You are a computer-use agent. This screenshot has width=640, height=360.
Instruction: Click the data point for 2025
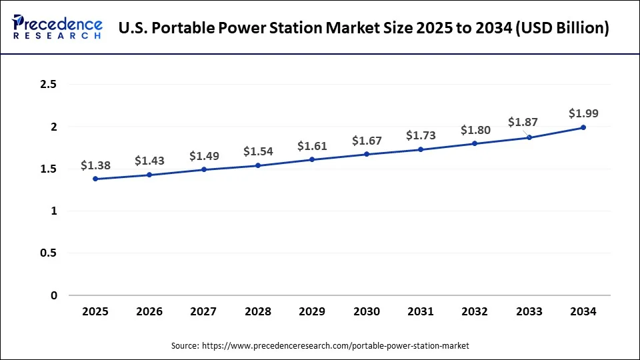(95, 179)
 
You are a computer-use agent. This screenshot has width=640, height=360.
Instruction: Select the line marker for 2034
(583, 127)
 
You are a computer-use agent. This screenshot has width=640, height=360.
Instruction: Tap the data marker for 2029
(312, 159)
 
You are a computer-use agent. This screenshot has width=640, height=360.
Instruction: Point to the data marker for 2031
(421, 149)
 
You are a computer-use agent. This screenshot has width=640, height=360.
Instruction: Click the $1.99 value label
(583, 113)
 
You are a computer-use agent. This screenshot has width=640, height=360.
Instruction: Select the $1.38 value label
(95, 165)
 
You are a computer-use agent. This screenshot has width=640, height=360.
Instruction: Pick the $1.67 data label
(366, 140)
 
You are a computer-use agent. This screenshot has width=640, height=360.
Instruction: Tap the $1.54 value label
(258, 151)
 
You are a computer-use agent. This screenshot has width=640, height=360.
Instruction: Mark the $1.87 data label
(523, 122)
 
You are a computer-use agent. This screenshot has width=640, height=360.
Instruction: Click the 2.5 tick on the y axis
(49, 85)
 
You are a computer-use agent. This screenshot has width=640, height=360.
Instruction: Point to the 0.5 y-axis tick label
(49, 253)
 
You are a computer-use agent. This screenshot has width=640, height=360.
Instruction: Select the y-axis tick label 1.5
(49, 169)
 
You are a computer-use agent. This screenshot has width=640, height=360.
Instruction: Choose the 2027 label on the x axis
(203, 311)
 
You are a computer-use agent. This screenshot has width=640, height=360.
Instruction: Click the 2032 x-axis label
(475, 311)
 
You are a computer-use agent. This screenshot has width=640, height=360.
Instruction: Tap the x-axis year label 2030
(366, 311)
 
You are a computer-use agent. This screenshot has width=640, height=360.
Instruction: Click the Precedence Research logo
(57, 27)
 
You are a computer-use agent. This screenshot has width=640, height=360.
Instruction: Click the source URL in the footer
(335, 345)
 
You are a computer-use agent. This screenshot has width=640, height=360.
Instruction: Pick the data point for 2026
(149, 175)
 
